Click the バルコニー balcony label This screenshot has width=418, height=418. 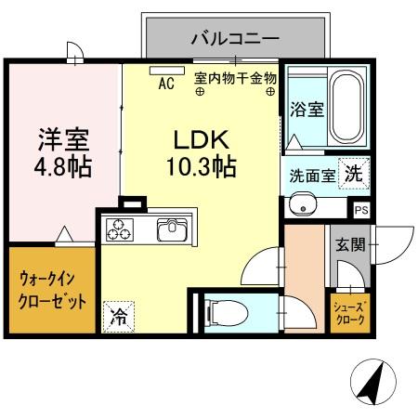click(x=235, y=38)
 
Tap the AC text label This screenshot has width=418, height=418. click(x=166, y=84)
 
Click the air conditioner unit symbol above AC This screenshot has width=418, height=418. click(x=166, y=70)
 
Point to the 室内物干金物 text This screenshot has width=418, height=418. click(x=236, y=80)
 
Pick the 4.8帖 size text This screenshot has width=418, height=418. click(x=63, y=169)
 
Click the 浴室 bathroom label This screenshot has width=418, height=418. click(x=306, y=109)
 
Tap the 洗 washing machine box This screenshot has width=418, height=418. click(x=354, y=172)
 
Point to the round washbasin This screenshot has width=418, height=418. click(x=300, y=205)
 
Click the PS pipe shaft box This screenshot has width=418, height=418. click(x=360, y=210)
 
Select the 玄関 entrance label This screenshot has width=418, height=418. click(x=351, y=246)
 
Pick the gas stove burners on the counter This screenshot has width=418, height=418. click(x=121, y=229)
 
